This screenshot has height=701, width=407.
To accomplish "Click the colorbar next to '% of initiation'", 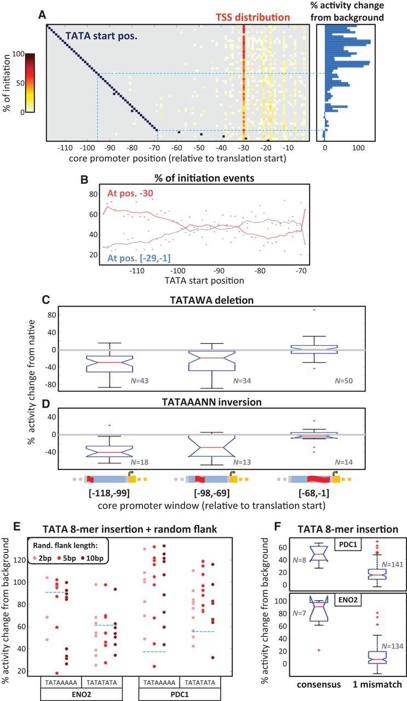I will click(31, 83).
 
